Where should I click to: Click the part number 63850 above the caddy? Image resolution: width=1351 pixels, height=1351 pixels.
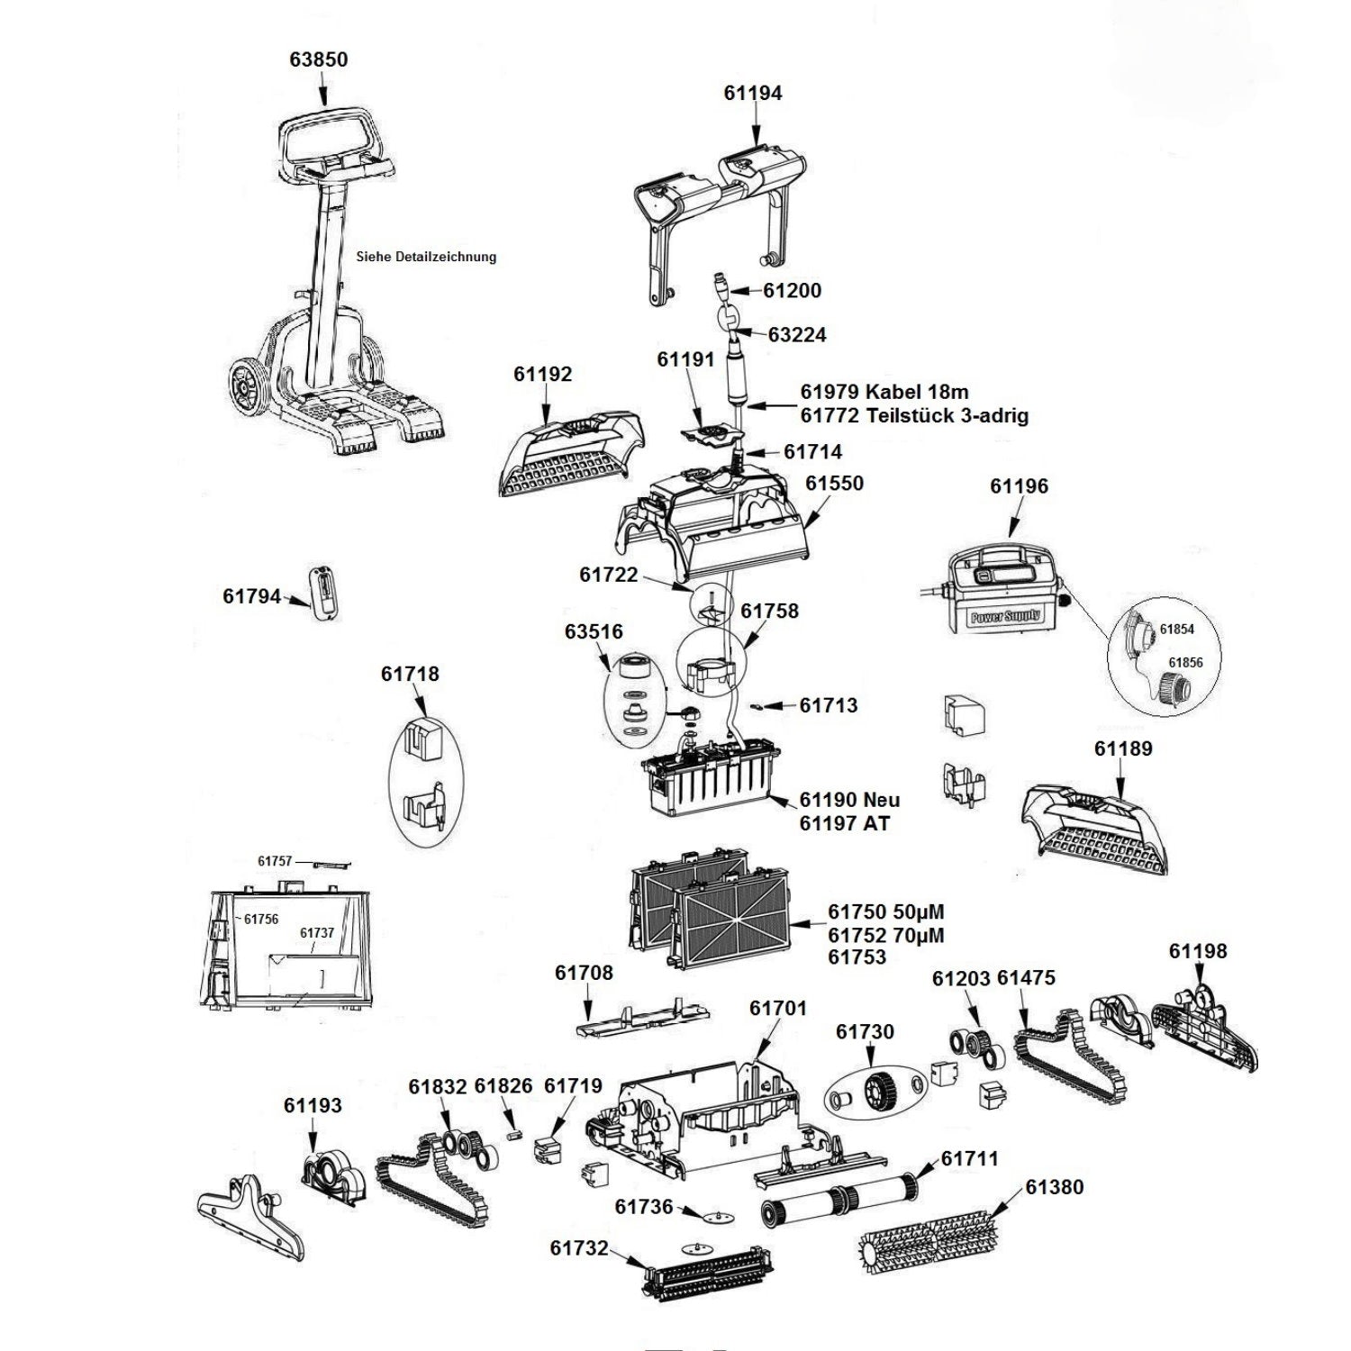pyautogui.click(x=319, y=59)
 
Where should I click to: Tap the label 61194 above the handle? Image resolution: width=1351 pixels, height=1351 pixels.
pyautogui.click(x=753, y=93)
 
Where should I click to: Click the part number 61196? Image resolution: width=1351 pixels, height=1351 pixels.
pyautogui.click(x=1019, y=486)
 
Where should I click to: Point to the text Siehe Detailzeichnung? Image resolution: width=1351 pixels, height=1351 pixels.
pyautogui.click(x=426, y=257)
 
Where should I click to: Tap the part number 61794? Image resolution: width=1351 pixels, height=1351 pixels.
pyautogui.click(x=251, y=596)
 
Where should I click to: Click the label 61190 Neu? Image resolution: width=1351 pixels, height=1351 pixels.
pyautogui.click(x=849, y=800)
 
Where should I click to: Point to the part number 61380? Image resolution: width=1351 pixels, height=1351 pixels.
pyautogui.click(x=1055, y=1187)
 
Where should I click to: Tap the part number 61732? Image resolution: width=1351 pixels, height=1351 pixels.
pyautogui.click(x=579, y=1247)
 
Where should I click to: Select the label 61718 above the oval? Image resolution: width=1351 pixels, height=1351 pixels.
pyautogui.click(x=410, y=674)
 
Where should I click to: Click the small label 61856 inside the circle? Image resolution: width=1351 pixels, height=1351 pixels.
pyautogui.click(x=1186, y=663)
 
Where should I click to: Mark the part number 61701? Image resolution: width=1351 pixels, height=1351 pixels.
pyautogui.click(x=778, y=1008)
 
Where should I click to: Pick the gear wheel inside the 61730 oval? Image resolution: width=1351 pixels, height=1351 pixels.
pyautogui.click(x=873, y=1093)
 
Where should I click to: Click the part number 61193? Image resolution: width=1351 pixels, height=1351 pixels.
pyautogui.click(x=313, y=1105)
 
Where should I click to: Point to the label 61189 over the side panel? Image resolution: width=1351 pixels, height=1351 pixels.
pyautogui.click(x=1123, y=748)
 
